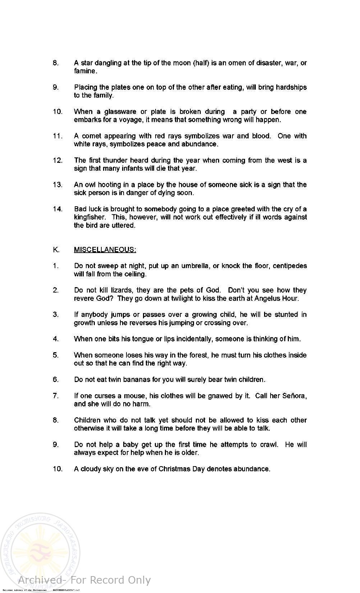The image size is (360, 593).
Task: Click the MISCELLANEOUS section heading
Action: [105, 250]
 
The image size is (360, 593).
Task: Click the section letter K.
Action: [56, 250]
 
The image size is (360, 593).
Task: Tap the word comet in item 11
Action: [92, 136]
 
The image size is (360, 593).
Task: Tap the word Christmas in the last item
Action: [174, 469]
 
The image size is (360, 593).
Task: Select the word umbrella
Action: [195, 266]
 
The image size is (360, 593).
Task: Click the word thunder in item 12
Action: [116, 161]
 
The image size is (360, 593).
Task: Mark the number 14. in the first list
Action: [57, 209]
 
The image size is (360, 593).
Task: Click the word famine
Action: [86, 71]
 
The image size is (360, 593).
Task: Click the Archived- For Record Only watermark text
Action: [84, 580]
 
